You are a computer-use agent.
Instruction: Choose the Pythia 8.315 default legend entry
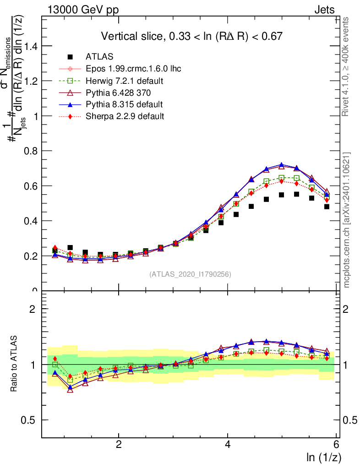124,104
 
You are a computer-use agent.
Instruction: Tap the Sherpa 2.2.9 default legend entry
125,116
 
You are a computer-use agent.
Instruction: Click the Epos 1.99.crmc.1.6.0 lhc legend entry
133,69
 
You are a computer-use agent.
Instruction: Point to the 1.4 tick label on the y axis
28,46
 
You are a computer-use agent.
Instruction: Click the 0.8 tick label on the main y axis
28,151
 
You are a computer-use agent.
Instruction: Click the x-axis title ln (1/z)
323,458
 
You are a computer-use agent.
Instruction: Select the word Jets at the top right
324,10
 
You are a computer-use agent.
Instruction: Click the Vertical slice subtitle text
191,36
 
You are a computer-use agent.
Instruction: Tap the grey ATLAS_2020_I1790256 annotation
190,274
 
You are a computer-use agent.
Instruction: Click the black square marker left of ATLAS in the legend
70,57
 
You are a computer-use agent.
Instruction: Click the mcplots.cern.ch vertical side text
347,220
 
